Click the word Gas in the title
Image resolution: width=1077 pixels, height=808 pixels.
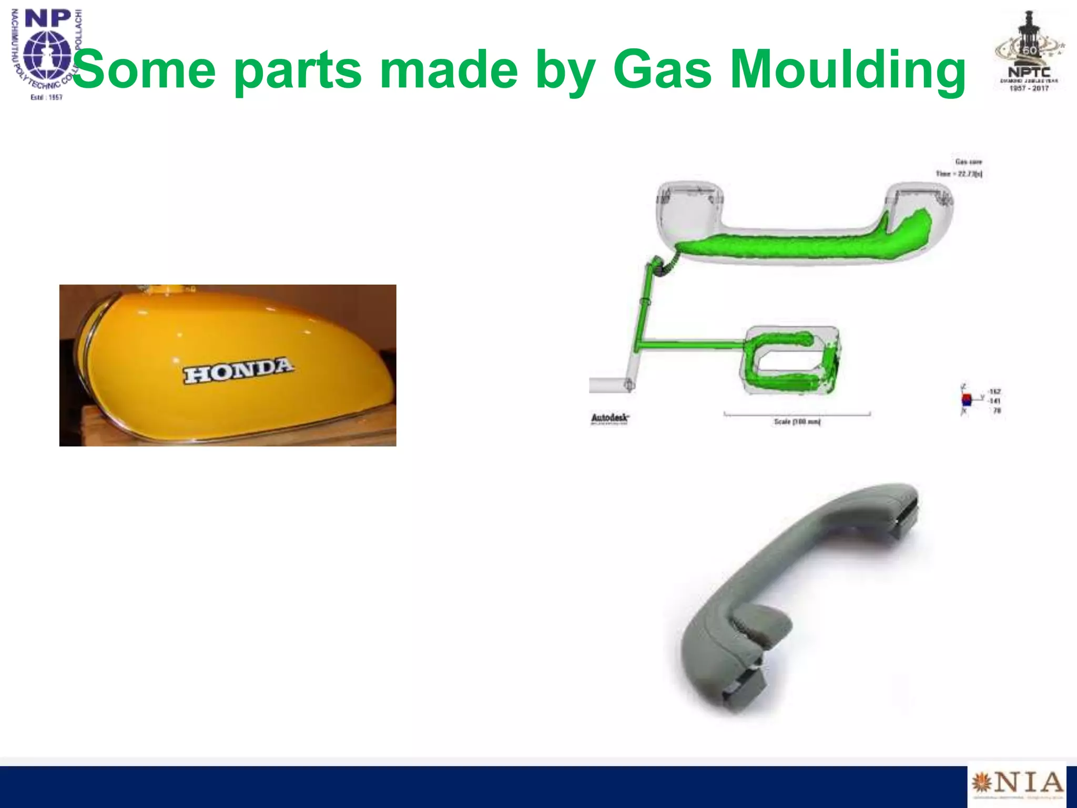click(663, 69)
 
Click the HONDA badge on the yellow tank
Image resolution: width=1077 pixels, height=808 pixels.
click(238, 371)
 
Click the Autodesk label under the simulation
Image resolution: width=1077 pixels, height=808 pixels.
click(609, 419)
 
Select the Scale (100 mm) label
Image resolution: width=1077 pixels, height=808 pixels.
click(797, 422)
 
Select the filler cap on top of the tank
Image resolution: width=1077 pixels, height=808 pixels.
click(163, 288)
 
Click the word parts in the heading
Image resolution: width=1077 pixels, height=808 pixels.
click(298, 69)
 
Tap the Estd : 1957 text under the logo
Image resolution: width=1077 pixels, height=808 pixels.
click(47, 97)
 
